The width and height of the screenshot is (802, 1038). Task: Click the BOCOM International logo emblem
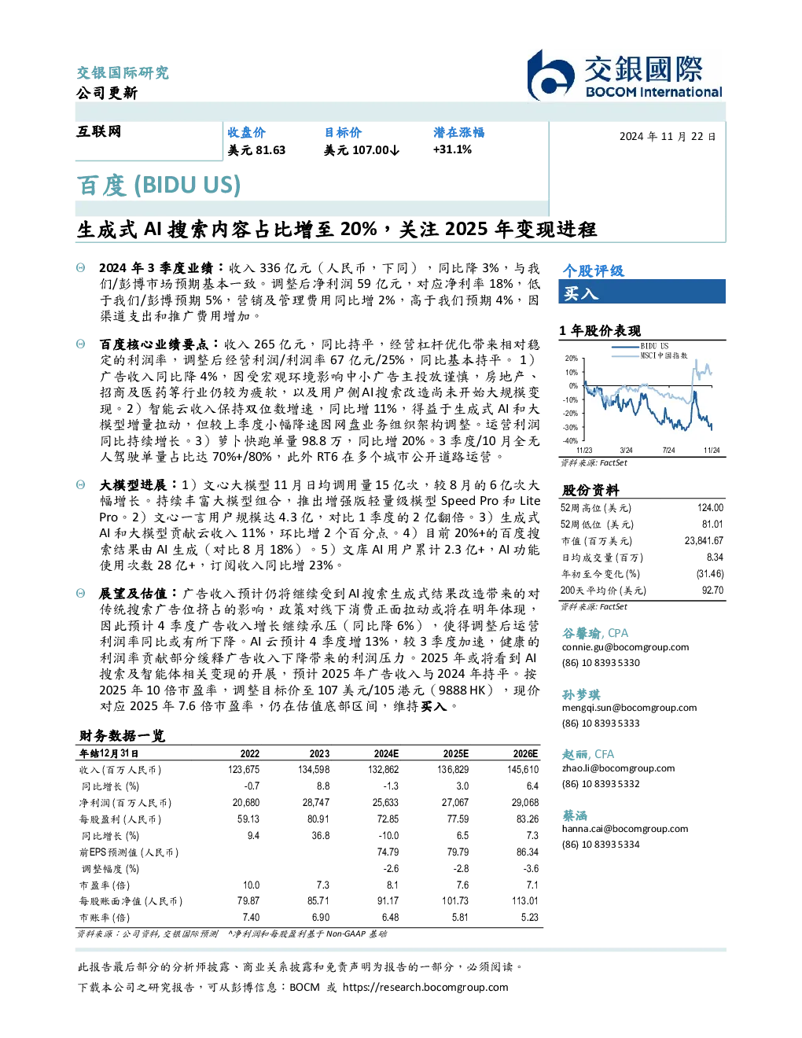pyautogui.click(x=550, y=75)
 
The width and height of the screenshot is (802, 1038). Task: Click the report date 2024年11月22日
pyautogui.click(x=668, y=137)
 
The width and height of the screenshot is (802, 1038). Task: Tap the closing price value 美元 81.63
pyautogui.click(x=256, y=150)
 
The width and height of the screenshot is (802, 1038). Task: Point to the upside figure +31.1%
pyautogui.click(x=452, y=149)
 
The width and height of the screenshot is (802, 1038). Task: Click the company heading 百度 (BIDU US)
pyautogui.click(x=159, y=185)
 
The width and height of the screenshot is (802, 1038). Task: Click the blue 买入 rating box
pyautogui.click(x=642, y=292)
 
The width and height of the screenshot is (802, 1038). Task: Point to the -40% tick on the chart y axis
pyautogui.click(x=571, y=441)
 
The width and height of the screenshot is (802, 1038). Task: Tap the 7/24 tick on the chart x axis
pyautogui.click(x=668, y=450)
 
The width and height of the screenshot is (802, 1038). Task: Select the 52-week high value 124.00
pyautogui.click(x=710, y=507)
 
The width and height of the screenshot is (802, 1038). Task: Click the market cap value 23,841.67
pyautogui.click(x=704, y=540)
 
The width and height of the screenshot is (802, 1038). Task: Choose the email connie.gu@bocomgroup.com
pyautogui.click(x=625, y=646)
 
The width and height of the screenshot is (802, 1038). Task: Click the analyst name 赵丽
pyautogui.click(x=575, y=754)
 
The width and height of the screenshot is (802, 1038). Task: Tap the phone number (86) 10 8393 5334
pyautogui.click(x=601, y=844)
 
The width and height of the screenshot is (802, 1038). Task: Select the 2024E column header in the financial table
pyautogui.click(x=386, y=753)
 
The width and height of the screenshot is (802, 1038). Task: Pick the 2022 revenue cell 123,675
pyautogui.click(x=244, y=770)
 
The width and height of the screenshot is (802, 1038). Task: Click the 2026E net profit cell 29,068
pyautogui.click(x=524, y=803)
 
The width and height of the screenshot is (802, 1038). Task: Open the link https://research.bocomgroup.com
pyautogui.click(x=425, y=987)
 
